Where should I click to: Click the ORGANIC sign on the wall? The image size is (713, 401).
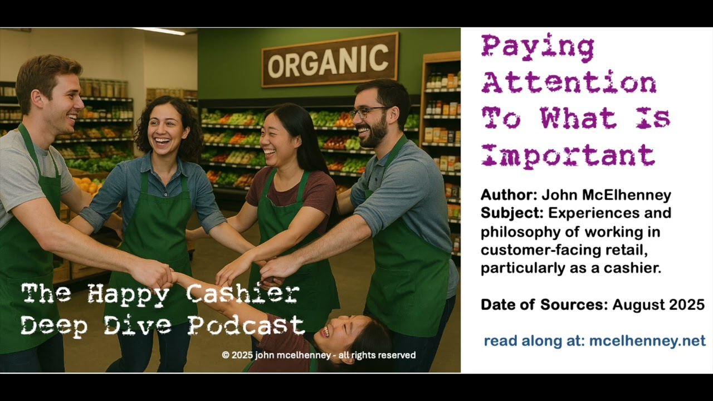pyautogui.click(x=330, y=60)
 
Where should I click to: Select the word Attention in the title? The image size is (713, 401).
pyautogui.click(x=569, y=82)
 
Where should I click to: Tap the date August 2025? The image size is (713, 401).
pyautogui.click(x=658, y=305)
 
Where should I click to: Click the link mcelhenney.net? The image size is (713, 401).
pyautogui.click(x=647, y=341)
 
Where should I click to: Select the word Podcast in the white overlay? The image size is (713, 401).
pyautogui.click(x=246, y=325)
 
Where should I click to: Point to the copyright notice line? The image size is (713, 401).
pyautogui.click(x=319, y=355)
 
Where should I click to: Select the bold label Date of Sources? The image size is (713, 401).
pyautogui.click(x=544, y=305)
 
